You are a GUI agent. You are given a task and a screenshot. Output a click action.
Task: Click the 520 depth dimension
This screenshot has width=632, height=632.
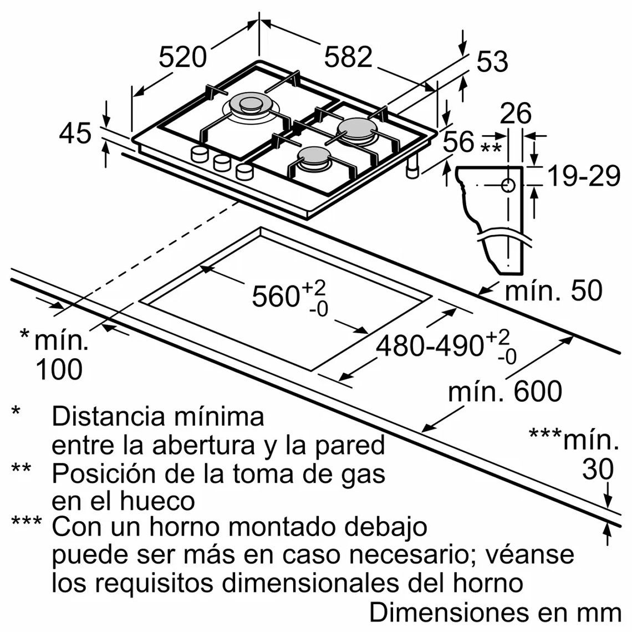182,57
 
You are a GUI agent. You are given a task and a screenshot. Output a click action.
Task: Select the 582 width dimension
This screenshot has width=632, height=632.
348,57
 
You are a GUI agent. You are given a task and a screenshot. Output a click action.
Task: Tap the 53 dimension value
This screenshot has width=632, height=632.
492,62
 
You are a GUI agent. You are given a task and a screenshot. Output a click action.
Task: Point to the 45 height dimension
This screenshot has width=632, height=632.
75,133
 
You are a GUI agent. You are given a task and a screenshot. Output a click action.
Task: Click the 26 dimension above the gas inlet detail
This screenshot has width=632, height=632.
516,114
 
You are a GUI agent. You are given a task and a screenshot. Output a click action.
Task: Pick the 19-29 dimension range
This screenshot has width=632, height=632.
583,176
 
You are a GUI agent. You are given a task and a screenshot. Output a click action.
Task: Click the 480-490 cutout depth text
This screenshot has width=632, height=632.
430,346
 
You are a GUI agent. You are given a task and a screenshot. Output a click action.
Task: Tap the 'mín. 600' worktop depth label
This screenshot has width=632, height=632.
505,391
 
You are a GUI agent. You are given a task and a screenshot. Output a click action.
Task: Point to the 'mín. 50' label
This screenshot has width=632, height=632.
553,290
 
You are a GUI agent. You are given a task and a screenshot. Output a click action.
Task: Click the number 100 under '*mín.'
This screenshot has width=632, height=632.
59,369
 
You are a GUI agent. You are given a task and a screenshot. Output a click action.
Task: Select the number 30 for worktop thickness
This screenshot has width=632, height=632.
598,469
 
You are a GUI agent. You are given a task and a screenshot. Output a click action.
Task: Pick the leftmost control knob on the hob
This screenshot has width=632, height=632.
198,155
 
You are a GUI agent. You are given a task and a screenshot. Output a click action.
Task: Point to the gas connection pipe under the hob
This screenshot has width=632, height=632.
412,167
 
